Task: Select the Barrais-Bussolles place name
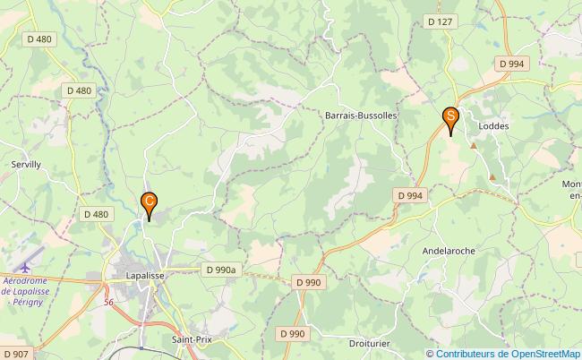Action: (x=366, y=116)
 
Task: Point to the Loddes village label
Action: (x=493, y=126)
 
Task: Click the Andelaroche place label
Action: (x=449, y=252)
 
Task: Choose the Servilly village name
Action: (x=27, y=165)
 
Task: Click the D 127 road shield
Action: (x=439, y=21)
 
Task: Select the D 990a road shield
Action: (x=220, y=270)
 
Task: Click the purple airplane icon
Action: (x=25, y=267)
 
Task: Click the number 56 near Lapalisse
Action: (x=109, y=304)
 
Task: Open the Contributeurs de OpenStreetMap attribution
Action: (x=508, y=353)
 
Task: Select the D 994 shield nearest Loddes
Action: (x=509, y=64)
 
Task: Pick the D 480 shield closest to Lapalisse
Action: (x=96, y=214)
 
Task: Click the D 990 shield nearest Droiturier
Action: (x=292, y=334)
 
